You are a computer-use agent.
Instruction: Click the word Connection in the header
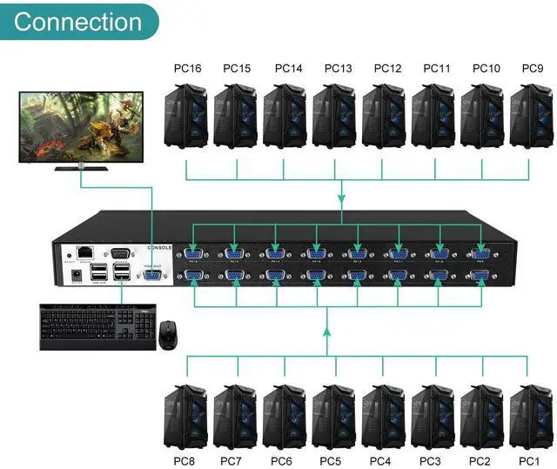77,21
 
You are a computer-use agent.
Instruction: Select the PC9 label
532,68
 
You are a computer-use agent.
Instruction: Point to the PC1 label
529,459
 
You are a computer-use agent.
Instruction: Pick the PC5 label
331,459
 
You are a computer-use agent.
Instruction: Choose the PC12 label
387,68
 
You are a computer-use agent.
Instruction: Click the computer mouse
169,332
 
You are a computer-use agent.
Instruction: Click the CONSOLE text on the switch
161,247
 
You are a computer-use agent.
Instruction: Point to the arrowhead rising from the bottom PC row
327,332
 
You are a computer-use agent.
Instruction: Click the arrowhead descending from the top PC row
340,198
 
